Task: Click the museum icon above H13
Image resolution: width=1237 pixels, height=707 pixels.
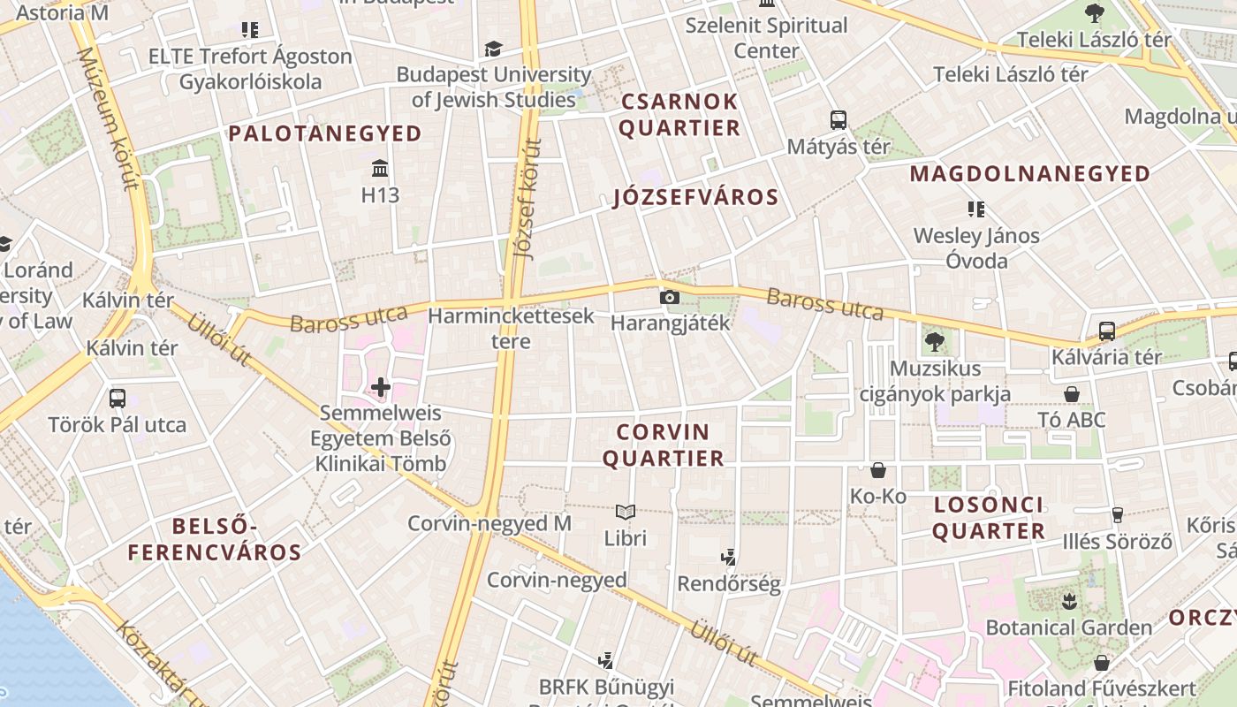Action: [x=380, y=168]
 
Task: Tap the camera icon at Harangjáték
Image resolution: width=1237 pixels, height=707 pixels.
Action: [x=670, y=297]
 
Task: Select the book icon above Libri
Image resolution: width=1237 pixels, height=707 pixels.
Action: [x=626, y=512]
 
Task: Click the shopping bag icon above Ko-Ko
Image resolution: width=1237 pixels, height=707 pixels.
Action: [x=878, y=470]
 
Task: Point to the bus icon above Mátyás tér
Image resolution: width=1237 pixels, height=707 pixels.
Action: [x=838, y=119]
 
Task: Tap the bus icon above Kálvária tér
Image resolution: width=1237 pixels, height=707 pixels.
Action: [x=1106, y=331]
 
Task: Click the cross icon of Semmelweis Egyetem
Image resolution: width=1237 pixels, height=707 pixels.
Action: [x=381, y=387]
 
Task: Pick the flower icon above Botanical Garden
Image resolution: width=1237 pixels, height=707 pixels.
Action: [x=1069, y=602]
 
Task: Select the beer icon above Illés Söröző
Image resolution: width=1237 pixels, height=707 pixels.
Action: [x=1117, y=514]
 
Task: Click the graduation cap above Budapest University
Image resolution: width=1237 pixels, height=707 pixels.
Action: [x=493, y=49]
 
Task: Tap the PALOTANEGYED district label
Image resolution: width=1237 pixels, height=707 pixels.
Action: [x=325, y=133]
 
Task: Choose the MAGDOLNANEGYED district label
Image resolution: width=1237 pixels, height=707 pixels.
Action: [x=1029, y=174]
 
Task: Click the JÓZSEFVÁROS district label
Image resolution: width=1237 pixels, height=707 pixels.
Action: [x=696, y=197]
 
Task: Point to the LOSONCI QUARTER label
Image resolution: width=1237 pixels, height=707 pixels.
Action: [x=989, y=518]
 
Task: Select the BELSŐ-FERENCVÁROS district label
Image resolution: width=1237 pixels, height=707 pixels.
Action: [x=215, y=540]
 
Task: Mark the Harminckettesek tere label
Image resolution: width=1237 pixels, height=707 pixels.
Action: [x=511, y=328]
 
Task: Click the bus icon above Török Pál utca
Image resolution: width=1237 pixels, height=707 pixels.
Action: [x=118, y=399]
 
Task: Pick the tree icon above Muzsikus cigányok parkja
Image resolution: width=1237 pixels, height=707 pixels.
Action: [x=935, y=340]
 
